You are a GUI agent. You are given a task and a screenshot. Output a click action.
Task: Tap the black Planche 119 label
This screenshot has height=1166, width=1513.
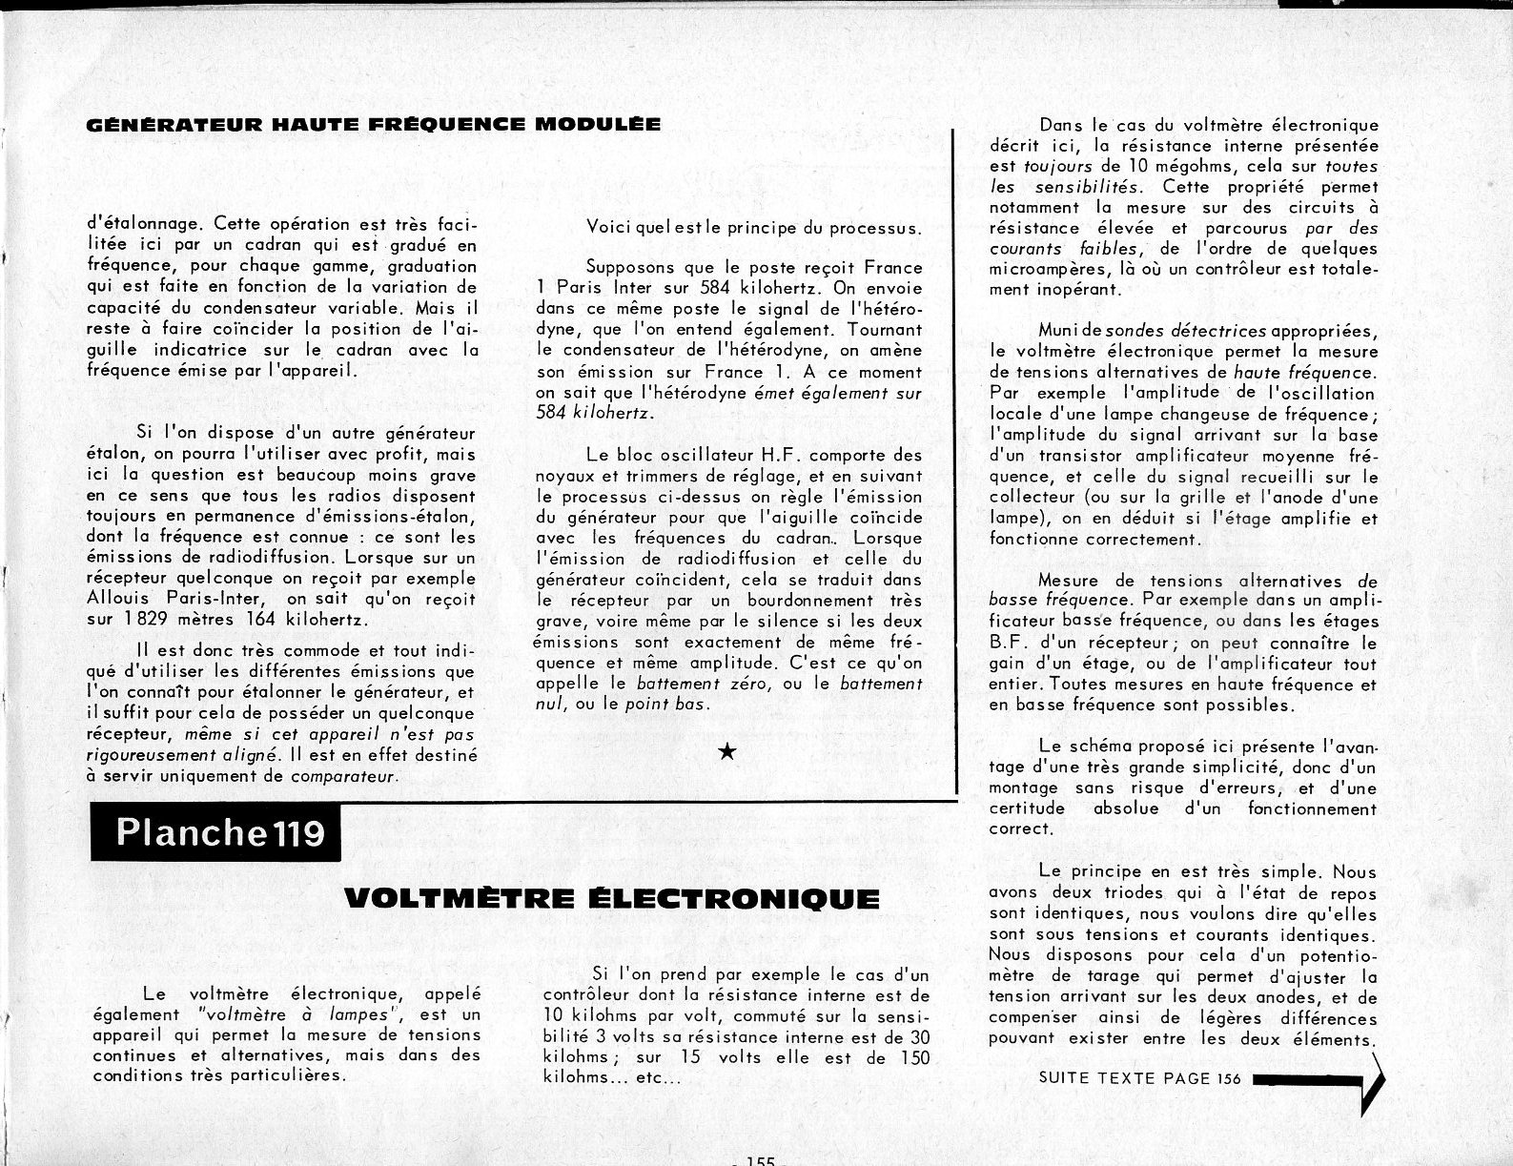point(220,833)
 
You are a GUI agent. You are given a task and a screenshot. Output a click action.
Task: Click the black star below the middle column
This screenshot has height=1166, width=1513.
point(726,752)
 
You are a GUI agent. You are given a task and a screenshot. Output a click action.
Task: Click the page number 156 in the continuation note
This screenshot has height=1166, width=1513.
point(1229,1078)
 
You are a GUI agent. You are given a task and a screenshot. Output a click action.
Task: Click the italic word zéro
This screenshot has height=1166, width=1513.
point(753,684)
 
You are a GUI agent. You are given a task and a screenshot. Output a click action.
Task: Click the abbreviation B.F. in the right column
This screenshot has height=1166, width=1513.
point(1007,643)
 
